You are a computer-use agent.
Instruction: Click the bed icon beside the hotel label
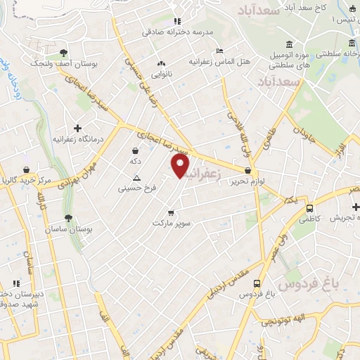(219, 51)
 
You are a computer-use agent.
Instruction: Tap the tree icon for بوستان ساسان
(68, 219)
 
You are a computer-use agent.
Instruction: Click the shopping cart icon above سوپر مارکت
(171, 212)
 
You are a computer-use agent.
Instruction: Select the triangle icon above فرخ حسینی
(136, 177)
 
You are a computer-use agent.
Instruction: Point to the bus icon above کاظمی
(309, 208)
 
